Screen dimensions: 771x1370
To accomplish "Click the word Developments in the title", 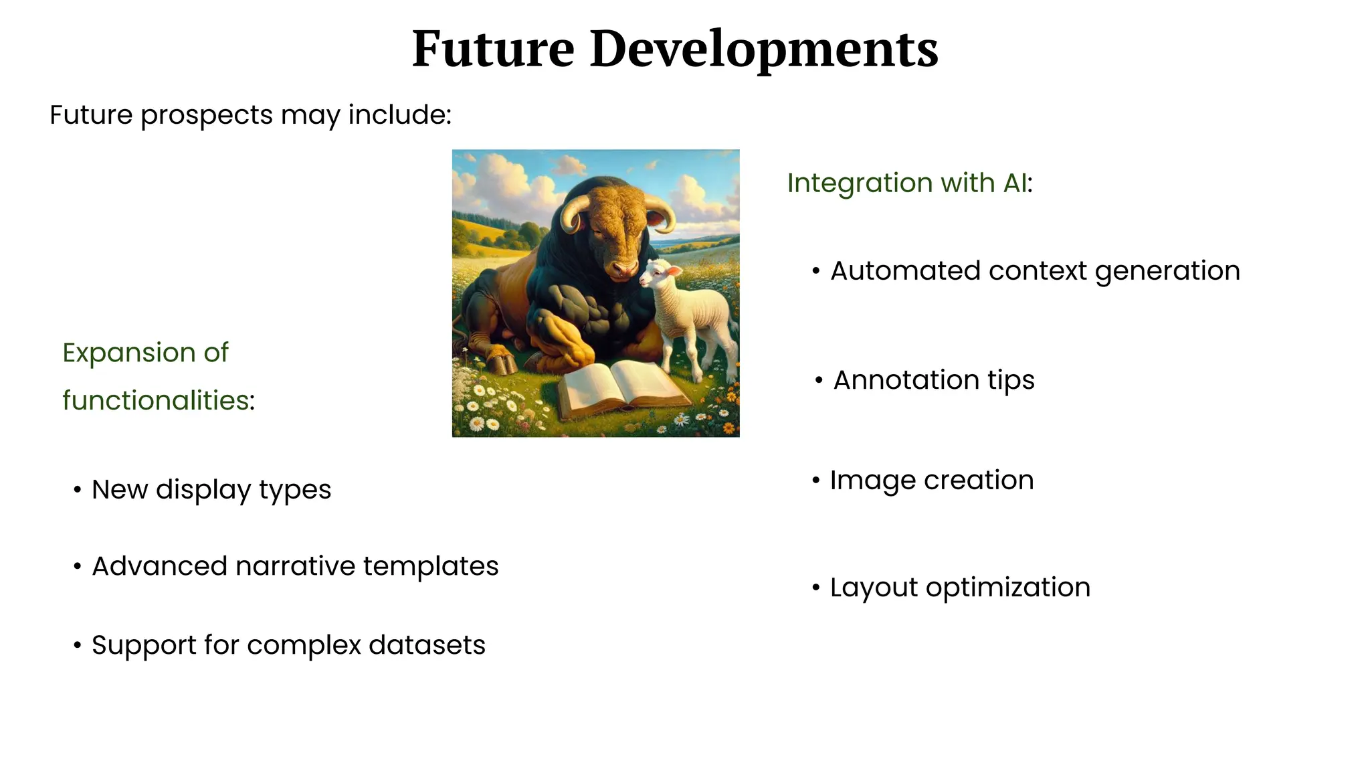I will (764, 50).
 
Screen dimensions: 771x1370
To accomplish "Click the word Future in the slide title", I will (493, 50).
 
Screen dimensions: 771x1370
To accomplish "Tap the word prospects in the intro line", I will (206, 115).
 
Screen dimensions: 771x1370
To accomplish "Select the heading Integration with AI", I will (909, 183).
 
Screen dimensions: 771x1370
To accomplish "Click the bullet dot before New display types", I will (78, 490).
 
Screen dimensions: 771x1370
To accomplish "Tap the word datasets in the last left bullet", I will (427, 645).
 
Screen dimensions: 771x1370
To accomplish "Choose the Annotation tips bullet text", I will (933, 380).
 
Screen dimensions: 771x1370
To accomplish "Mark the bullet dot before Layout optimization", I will (815, 588).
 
